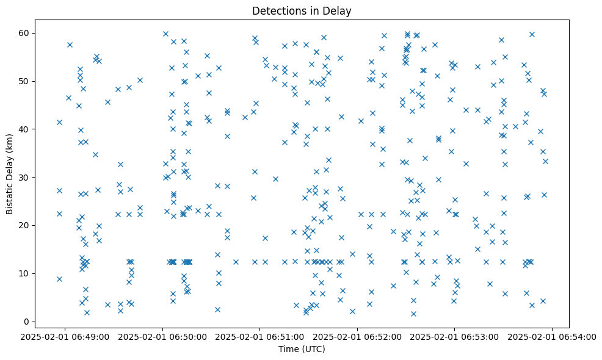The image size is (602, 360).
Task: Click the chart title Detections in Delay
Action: (302, 10)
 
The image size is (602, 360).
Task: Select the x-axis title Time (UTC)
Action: (302, 350)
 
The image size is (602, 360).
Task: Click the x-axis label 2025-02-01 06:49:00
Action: (66, 336)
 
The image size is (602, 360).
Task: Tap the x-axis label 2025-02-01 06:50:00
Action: (163, 336)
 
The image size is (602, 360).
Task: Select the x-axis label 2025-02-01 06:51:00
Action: (260, 336)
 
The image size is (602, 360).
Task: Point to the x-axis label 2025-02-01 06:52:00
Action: (357, 336)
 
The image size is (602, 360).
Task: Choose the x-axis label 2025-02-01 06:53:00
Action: (454, 336)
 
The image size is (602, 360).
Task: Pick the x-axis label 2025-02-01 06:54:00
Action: (552, 336)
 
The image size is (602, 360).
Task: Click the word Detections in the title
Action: (277, 10)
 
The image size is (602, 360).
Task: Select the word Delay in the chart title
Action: (339, 10)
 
